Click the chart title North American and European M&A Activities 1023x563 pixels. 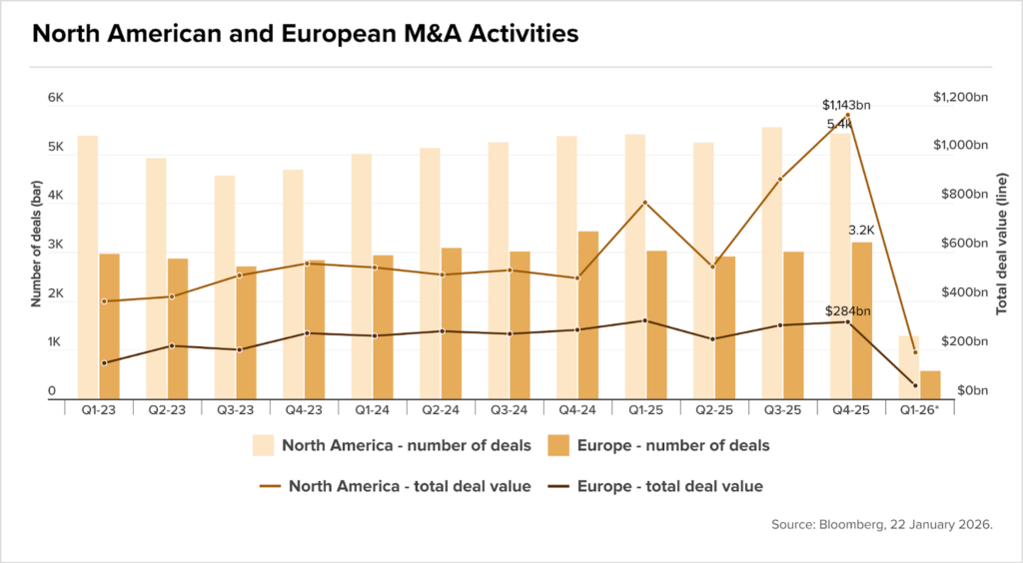point(306,34)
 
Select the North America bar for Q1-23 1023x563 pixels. point(88,268)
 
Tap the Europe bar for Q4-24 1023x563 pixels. point(588,314)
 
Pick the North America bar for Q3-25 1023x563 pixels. point(772,263)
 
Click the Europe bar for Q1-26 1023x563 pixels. point(930,384)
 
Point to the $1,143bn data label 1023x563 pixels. point(846,105)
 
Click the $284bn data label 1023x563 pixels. point(847,311)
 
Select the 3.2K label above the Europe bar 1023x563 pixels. point(861,230)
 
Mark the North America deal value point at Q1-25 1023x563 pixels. point(644,203)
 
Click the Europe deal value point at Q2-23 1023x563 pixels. point(172,345)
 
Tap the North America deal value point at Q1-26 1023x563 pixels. point(915,352)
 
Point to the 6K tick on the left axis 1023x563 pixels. point(56,98)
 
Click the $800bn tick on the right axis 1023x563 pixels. point(964,195)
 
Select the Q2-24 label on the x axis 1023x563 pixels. point(441,410)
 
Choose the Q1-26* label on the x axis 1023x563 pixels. point(919,410)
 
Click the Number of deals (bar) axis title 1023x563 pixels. point(36,244)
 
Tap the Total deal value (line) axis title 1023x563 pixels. point(1002,244)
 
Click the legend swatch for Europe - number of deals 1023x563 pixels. point(558,445)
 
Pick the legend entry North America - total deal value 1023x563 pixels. point(395,487)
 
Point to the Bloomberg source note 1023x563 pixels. point(881,524)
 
